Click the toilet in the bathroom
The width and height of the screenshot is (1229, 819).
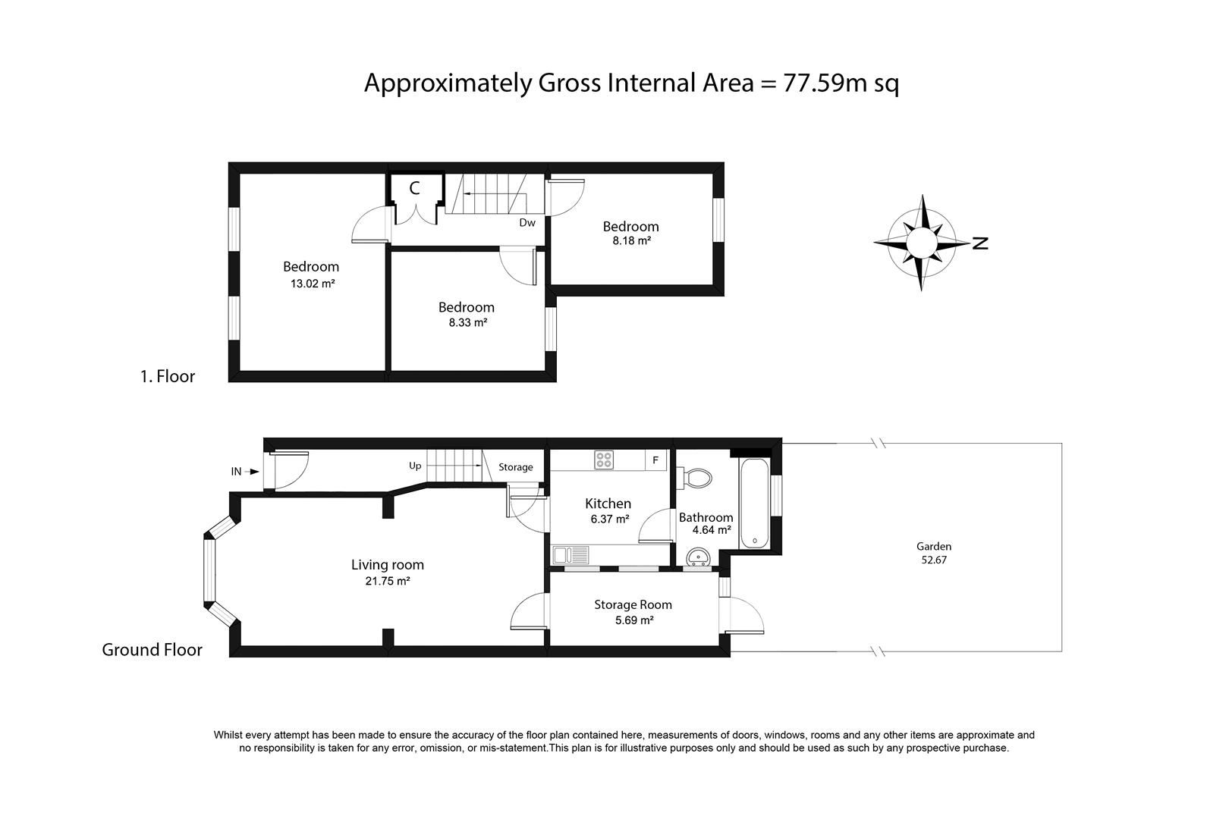[694, 478]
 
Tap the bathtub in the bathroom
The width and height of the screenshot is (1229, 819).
[754, 504]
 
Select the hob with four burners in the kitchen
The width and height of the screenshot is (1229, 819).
[604, 460]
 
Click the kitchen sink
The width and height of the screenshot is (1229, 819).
[570, 555]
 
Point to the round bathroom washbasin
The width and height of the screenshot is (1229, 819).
[698, 557]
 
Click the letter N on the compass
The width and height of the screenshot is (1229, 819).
[980, 243]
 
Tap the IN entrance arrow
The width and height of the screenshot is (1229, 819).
[253, 471]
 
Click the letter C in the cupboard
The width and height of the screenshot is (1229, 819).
[415, 188]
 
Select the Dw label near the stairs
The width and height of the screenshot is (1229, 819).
[527, 222]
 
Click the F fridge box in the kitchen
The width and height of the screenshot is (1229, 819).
[655, 460]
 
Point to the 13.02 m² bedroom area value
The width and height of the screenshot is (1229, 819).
[313, 284]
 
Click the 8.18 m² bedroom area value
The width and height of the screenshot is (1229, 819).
[632, 240]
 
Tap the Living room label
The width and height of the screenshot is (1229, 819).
[388, 564]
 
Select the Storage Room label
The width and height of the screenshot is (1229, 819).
[633, 604]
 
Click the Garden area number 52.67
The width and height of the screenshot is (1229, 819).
[934, 560]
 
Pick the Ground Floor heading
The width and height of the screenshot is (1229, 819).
[152, 649]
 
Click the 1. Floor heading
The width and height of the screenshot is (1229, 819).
[168, 376]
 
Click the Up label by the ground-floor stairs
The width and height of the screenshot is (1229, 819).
[415, 466]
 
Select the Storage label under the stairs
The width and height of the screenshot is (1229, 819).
[516, 467]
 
